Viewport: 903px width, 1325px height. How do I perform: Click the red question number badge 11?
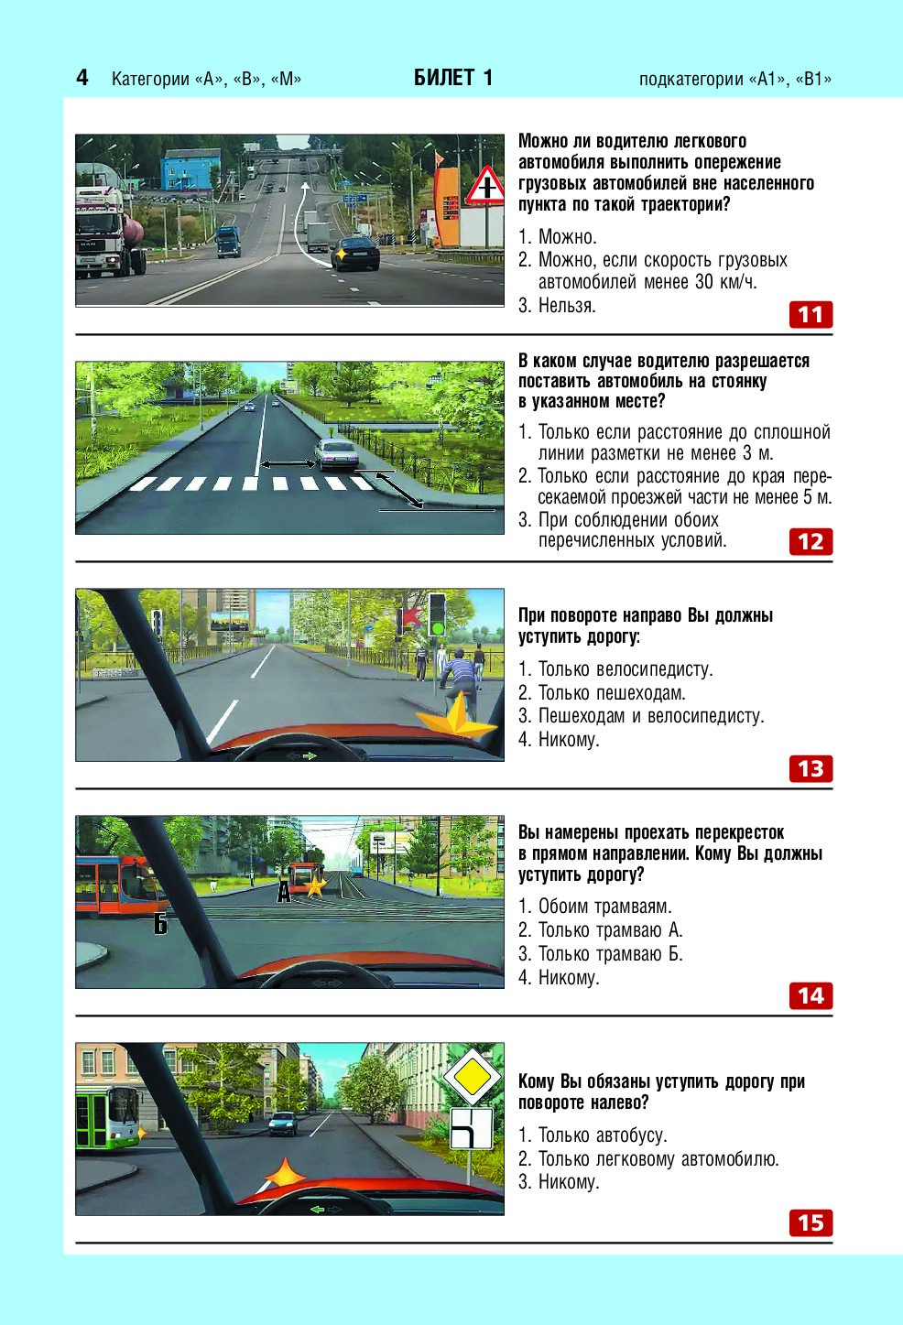coord(811,315)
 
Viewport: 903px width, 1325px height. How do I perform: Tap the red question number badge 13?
coord(811,769)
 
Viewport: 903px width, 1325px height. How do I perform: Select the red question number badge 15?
coord(811,1222)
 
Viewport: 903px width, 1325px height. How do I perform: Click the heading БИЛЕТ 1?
coord(453,78)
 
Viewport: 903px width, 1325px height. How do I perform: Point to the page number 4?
coord(82,78)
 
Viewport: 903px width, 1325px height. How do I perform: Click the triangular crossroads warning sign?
coord(486,185)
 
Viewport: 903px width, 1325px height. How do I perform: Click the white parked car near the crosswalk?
coord(336,454)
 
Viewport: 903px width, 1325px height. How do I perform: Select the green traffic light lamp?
coord(437,627)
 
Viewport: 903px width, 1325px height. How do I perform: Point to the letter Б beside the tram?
coord(160,924)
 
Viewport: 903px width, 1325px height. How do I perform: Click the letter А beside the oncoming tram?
coord(284,892)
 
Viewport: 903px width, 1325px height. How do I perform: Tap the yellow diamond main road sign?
coord(472,1078)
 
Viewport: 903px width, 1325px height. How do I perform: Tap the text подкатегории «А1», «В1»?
coord(735,80)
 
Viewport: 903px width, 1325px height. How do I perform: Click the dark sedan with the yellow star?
coord(355,253)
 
